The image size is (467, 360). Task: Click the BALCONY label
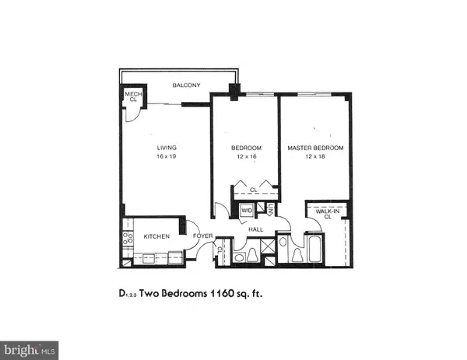pos(187,85)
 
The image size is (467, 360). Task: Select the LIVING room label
pos(164,148)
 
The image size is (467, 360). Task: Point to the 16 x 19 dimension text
pos(164,157)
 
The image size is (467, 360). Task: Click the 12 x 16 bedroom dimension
pos(245,157)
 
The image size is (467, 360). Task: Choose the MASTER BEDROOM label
pos(314,148)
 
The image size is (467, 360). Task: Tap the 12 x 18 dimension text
pos(314,157)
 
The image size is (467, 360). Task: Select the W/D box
pos(246,210)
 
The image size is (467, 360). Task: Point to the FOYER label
pos(203,236)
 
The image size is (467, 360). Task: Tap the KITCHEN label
pos(156,236)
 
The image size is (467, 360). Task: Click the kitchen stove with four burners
pos(127,238)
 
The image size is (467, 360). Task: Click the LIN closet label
pos(269,208)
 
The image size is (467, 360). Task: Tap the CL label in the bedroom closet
pos(254,189)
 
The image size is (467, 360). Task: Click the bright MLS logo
pos(30,349)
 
